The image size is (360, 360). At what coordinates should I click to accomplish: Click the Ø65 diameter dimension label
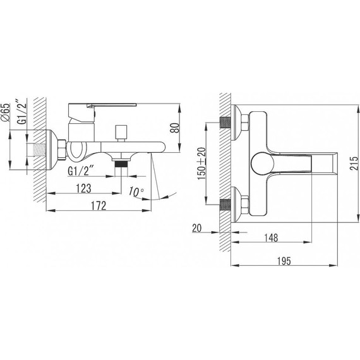(x=6, y=112)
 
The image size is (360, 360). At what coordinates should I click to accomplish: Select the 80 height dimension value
(x=175, y=128)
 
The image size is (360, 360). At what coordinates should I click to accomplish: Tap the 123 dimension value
(x=83, y=188)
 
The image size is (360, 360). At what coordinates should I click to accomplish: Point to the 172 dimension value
(x=99, y=206)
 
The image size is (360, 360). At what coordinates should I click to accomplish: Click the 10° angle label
(x=136, y=191)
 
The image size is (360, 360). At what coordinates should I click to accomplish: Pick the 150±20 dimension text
(x=202, y=164)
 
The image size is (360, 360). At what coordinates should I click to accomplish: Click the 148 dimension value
(x=271, y=237)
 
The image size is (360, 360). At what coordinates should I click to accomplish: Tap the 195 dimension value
(x=284, y=261)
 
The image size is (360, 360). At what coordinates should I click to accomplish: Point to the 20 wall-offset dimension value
(x=197, y=228)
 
